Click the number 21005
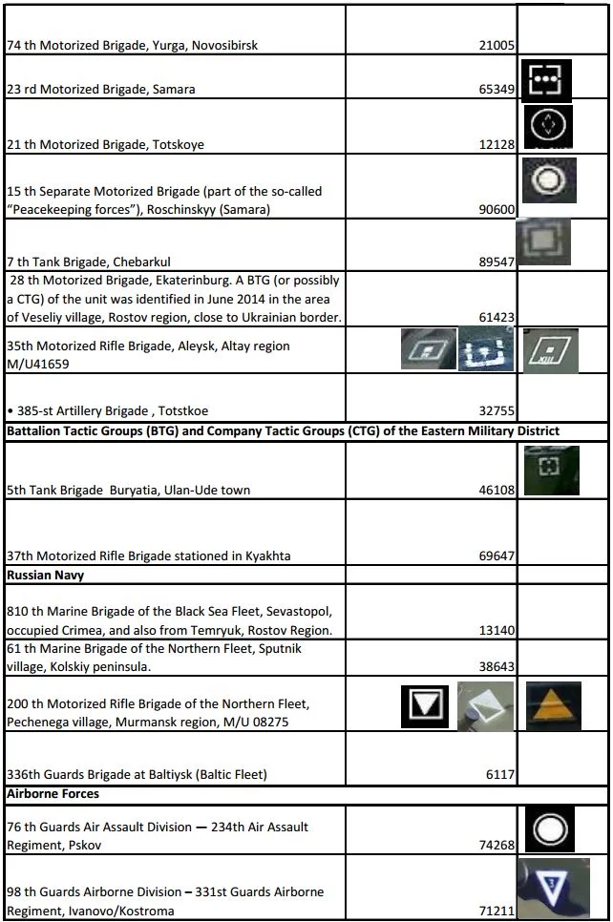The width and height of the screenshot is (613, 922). (x=497, y=45)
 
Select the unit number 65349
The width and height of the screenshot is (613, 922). (x=497, y=90)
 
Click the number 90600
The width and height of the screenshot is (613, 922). (x=497, y=210)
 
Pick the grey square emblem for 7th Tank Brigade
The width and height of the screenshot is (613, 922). (x=542, y=241)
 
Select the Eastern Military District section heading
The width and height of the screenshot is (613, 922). (x=283, y=431)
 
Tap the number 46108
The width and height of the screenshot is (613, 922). (x=497, y=490)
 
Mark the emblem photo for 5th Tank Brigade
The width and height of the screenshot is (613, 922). (x=551, y=471)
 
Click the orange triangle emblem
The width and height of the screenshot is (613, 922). (x=552, y=706)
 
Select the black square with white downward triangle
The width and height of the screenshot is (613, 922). (x=422, y=706)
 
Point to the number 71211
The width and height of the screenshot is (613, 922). (x=497, y=911)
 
